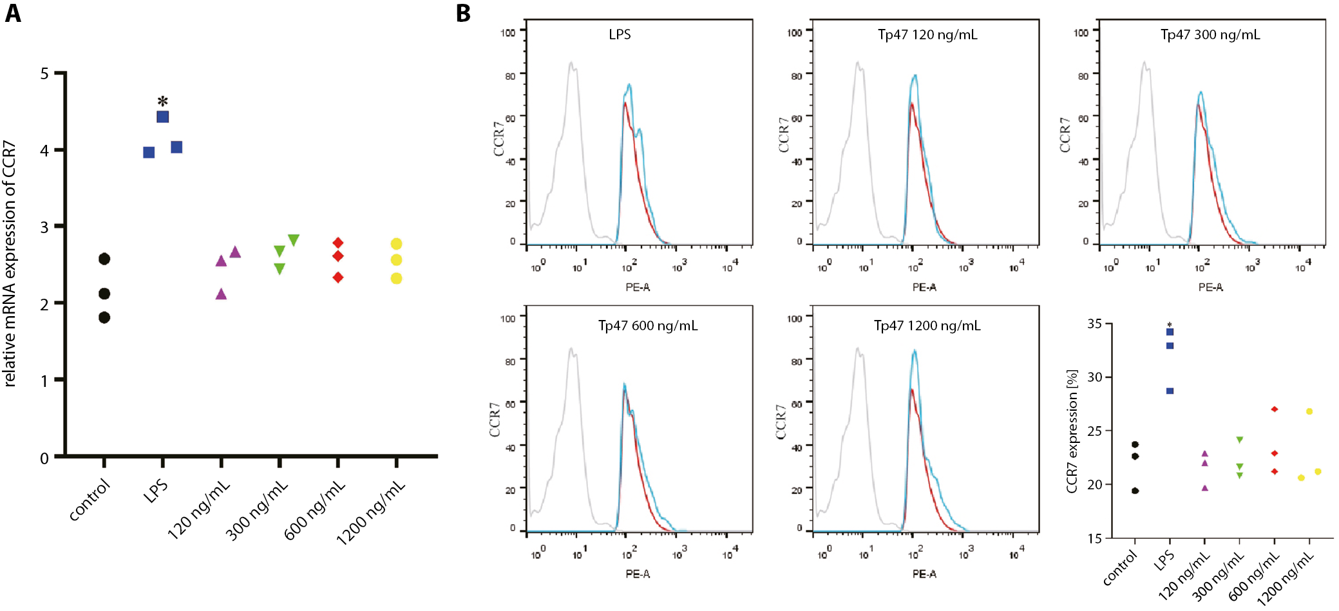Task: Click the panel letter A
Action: click(x=13, y=13)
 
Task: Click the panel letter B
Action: click(x=463, y=13)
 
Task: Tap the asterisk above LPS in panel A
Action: click(x=163, y=101)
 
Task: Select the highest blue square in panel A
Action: click(x=163, y=117)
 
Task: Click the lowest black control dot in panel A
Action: click(x=104, y=317)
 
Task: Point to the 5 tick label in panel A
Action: click(x=44, y=73)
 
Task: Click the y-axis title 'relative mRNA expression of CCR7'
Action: click(x=10, y=264)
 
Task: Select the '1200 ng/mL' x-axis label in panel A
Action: click(x=371, y=512)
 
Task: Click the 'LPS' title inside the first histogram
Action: click(x=620, y=35)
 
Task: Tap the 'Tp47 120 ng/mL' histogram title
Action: click(x=927, y=35)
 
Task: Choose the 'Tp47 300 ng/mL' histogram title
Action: click(x=1210, y=35)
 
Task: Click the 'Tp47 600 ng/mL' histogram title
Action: click(x=647, y=326)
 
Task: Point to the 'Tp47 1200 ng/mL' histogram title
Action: click(x=927, y=326)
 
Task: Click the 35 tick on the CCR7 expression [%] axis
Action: click(x=1094, y=324)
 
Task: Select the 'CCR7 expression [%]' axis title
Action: click(x=1072, y=431)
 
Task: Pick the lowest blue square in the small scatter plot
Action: click(x=1170, y=391)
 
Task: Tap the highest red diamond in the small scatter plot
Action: click(x=1274, y=409)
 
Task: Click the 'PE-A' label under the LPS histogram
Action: click(x=638, y=287)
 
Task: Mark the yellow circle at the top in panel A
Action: click(x=396, y=244)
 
